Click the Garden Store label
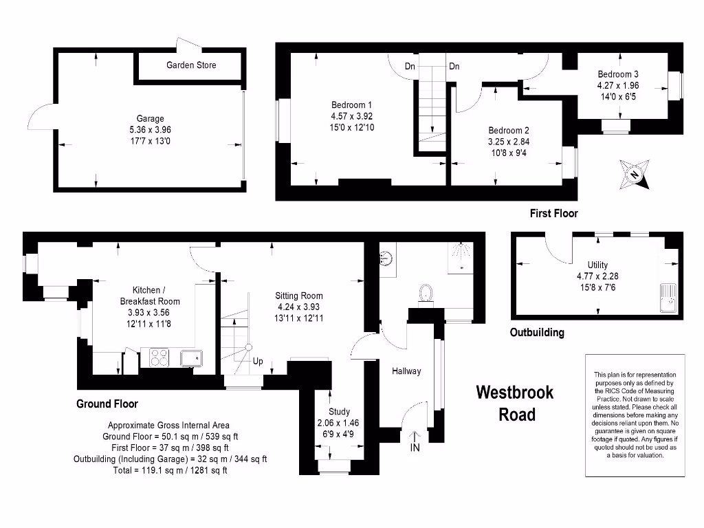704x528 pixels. [191, 65]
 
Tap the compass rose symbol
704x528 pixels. [635, 173]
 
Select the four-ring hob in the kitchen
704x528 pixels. [159, 357]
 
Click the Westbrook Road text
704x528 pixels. [515, 403]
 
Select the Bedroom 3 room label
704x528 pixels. [618, 74]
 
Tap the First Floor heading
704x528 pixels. [553, 214]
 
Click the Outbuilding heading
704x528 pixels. [537, 333]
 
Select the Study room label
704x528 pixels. [339, 412]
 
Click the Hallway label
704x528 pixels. [406, 371]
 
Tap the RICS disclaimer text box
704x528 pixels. [635, 415]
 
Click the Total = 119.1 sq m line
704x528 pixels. [170, 470]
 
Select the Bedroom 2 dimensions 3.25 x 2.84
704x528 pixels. [509, 142]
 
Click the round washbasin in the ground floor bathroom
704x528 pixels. [386, 258]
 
